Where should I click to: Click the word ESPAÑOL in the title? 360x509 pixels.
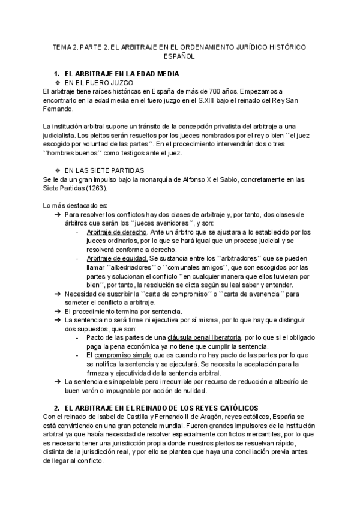179,56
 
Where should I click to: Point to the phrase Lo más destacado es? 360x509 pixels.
67,205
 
